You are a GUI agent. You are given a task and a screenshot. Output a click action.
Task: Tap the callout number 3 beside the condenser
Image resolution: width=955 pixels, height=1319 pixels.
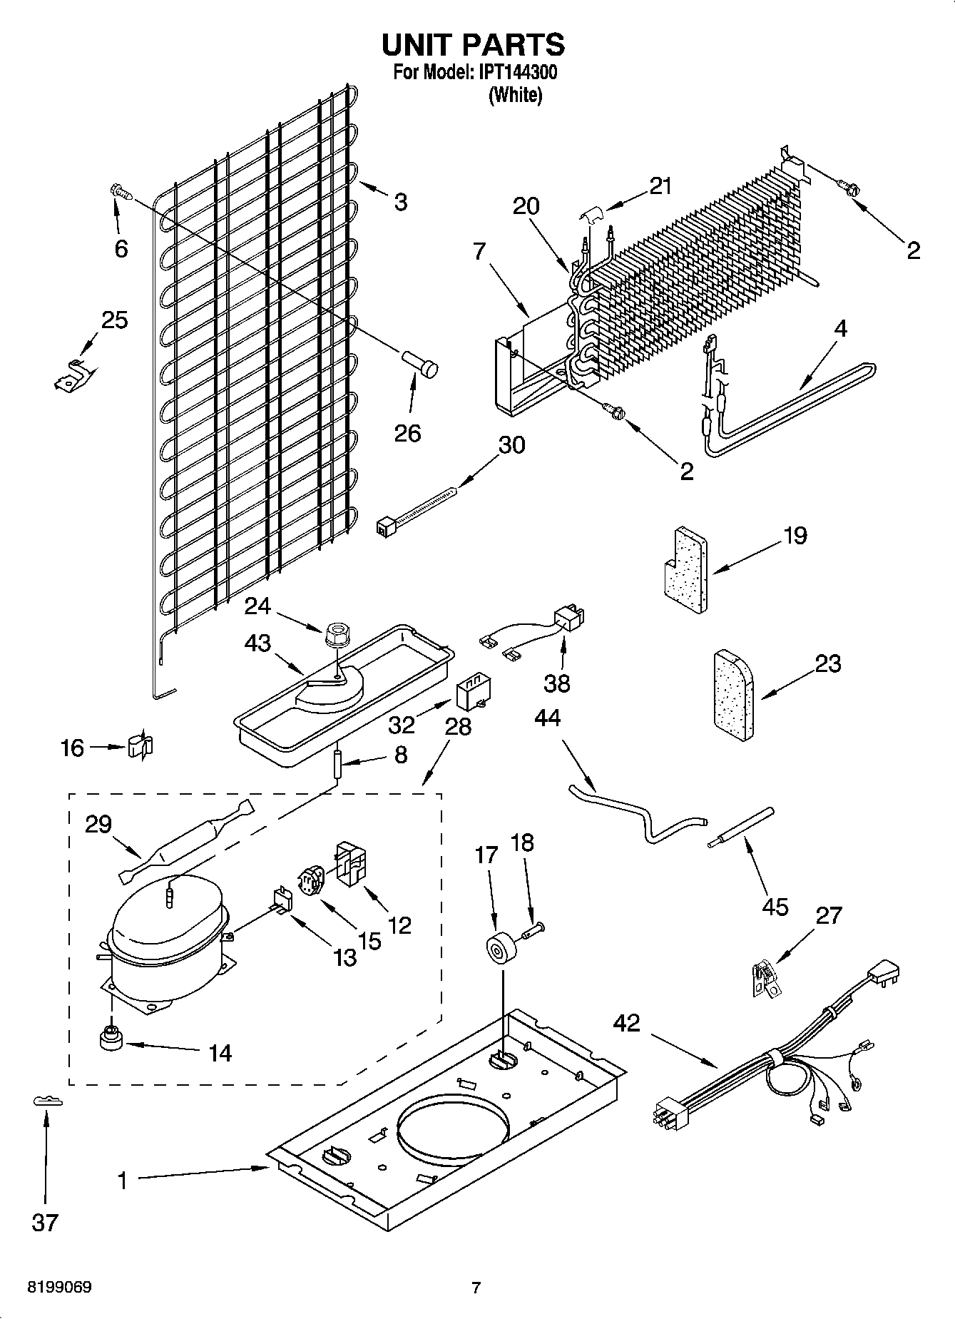[x=401, y=203]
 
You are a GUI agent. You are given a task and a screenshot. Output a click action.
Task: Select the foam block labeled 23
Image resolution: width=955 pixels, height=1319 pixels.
[x=733, y=696]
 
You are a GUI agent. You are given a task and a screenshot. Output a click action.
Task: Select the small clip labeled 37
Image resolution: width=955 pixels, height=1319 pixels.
[x=48, y=1101]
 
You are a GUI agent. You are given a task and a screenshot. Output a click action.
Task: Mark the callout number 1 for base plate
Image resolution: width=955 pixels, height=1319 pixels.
[x=122, y=1181]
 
